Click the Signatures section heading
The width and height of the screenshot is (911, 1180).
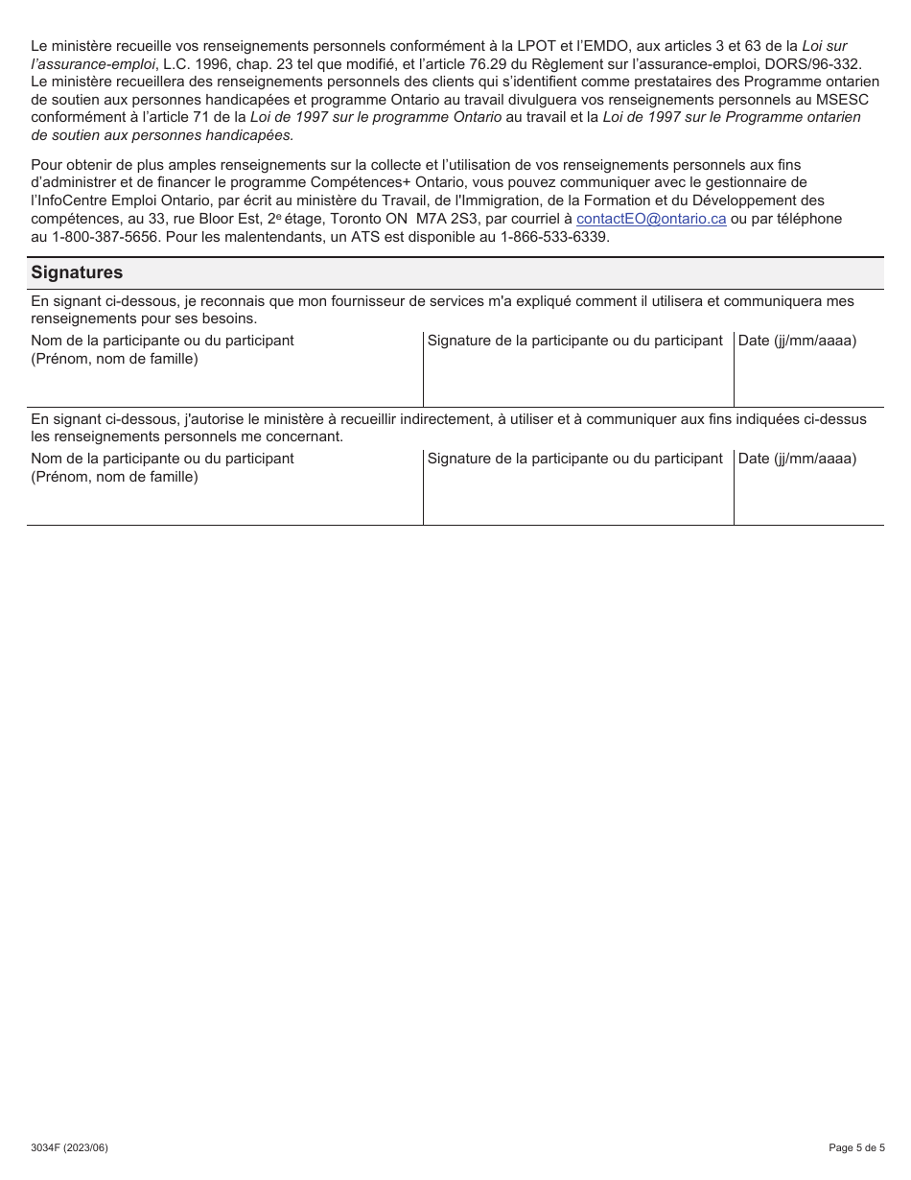pos(77,272)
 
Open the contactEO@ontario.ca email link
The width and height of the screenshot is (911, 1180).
pos(651,219)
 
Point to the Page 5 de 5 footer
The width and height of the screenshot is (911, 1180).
pos(856,1147)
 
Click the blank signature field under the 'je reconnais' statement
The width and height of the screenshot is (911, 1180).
pos(578,379)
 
